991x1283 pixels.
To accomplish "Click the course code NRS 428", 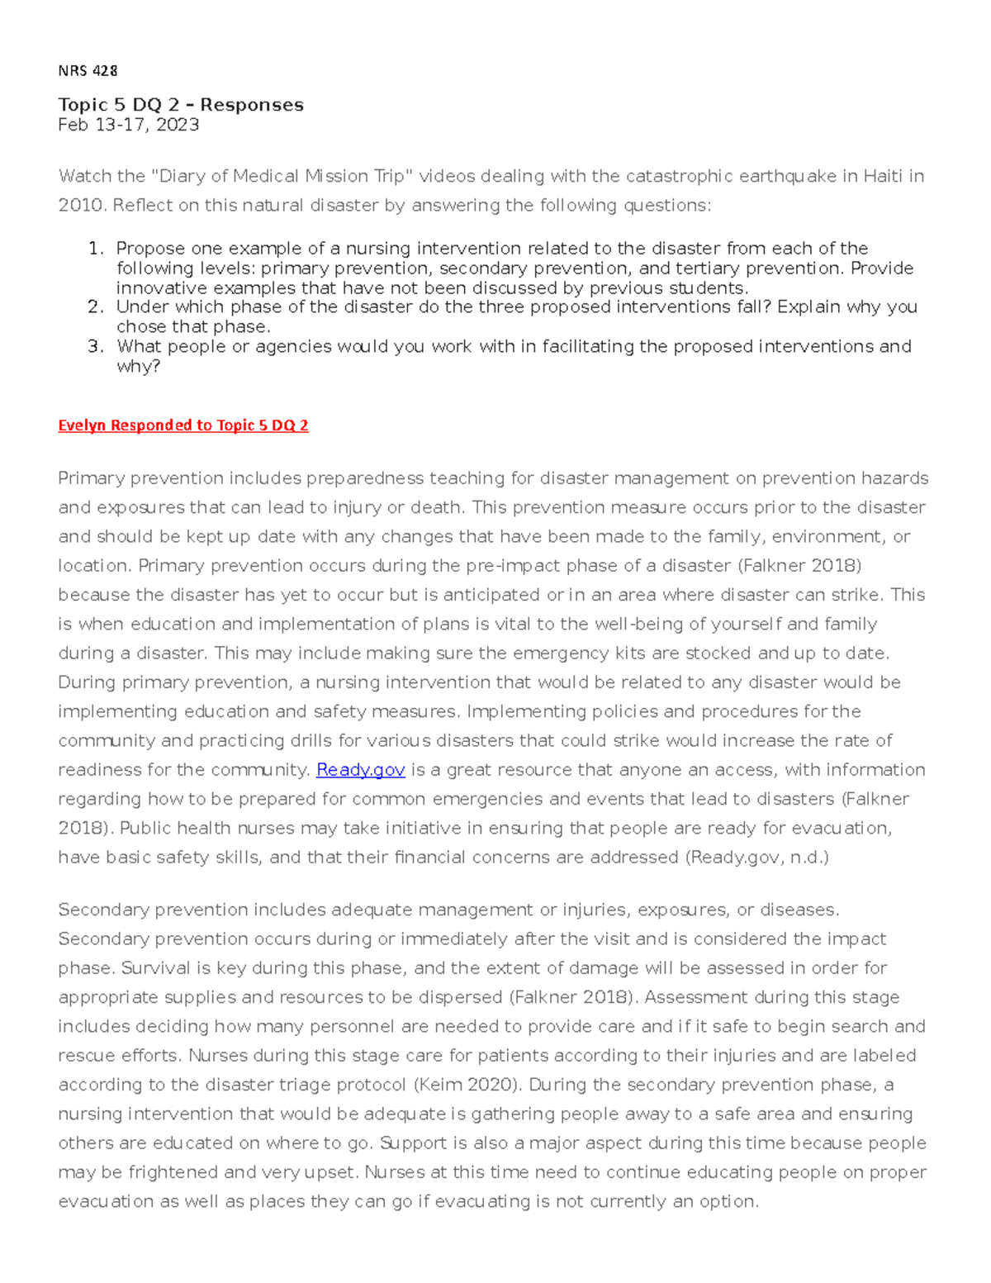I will (88, 71).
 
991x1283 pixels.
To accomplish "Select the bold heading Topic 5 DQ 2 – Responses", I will (181, 105).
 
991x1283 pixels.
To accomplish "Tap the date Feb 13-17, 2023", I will (128, 125).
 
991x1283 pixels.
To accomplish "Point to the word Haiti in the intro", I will (883, 176).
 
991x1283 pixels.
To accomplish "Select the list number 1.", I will (96, 249).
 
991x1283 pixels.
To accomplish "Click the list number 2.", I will (96, 307).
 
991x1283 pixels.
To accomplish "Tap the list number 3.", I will (96, 346).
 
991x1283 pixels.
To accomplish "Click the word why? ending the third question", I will (138, 366).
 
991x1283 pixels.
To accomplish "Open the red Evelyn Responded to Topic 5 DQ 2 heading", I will (183, 425).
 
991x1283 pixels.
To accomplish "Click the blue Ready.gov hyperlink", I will (360, 770).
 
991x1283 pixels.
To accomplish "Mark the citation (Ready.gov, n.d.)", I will (756, 858).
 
